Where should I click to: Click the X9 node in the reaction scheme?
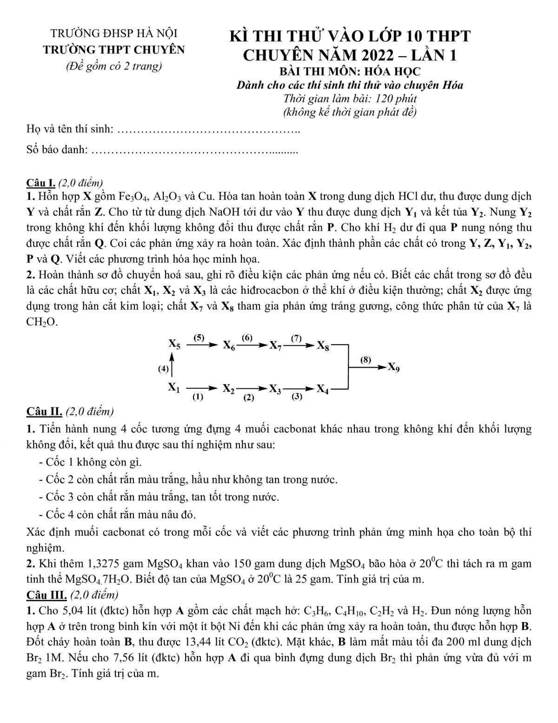(x=393, y=368)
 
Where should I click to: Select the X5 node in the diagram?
(x=175, y=345)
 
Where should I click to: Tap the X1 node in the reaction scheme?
(x=174, y=387)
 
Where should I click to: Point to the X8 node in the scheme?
(x=323, y=346)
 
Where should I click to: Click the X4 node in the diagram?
(x=323, y=389)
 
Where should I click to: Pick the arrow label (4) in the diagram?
(x=163, y=369)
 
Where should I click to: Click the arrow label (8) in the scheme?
(x=366, y=359)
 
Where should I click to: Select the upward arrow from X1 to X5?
(x=173, y=364)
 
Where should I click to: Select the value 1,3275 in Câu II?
(x=105, y=564)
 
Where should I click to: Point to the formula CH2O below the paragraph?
(x=42, y=322)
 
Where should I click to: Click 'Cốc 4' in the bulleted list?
(x=59, y=514)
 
